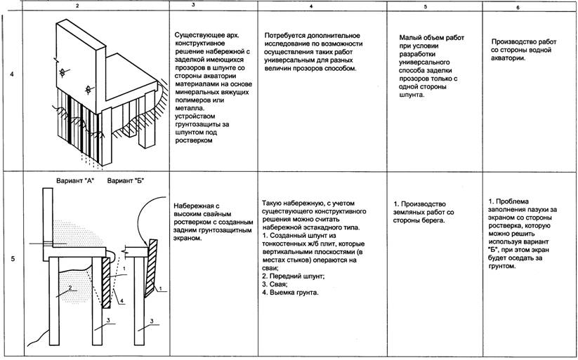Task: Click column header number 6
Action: tap(518, 7)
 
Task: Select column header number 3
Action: tap(214, 6)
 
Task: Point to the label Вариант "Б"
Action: tap(126, 181)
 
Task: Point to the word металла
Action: tap(191, 107)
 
